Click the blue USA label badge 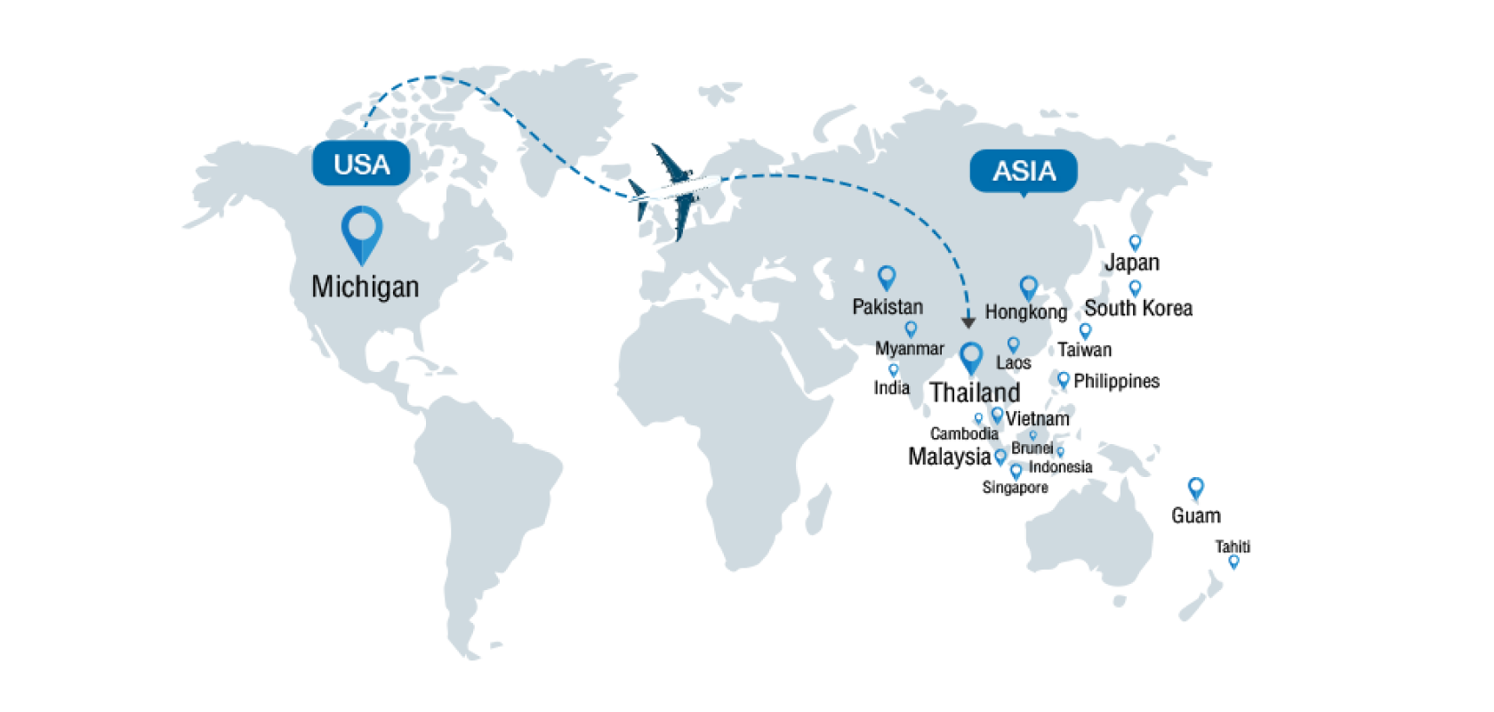click(x=361, y=164)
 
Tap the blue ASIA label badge click(x=1024, y=170)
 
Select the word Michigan click(x=365, y=287)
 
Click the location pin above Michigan click(x=362, y=234)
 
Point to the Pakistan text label click(x=888, y=307)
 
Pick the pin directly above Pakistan click(x=886, y=278)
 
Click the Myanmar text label click(x=910, y=349)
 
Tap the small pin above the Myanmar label click(x=910, y=329)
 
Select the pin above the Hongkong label click(x=1029, y=287)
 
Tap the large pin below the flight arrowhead click(x=971, y=358)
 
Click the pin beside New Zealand click(x=1233, y=562)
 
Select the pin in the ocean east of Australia click(x=1196, y=488)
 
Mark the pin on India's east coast click(x=894, y=369)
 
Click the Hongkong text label click(x=1016, y=312)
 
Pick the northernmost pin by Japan click(x=1134, y=242)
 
